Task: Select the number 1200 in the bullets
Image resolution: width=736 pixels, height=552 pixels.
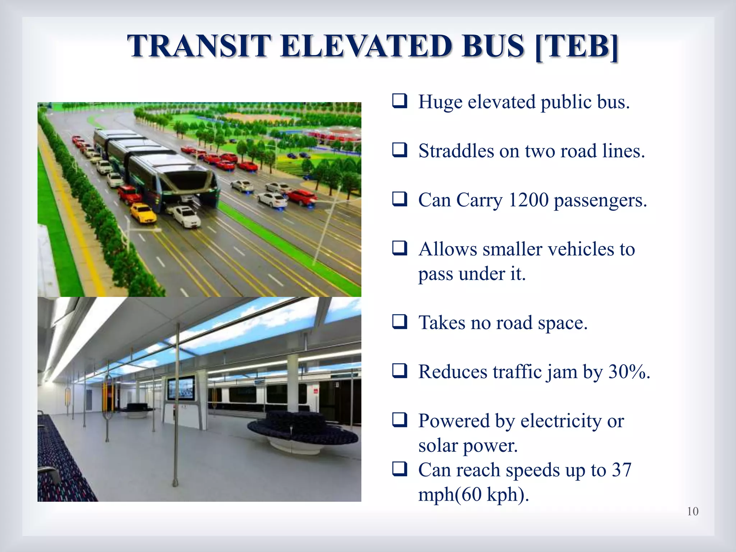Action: pos(528,200)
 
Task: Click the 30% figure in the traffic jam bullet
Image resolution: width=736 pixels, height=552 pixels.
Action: pos(629,372)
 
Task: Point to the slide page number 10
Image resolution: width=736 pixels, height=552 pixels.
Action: pos(693,511)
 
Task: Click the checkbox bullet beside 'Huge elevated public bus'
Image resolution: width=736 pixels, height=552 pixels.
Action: pos(399,101)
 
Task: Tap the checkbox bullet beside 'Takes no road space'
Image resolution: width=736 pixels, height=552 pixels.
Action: pos(399,322)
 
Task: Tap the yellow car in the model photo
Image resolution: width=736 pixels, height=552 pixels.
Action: pos(143,213)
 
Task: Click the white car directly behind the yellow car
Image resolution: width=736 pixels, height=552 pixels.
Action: pos(186,216)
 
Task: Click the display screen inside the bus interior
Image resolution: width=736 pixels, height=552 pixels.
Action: pos(180,389)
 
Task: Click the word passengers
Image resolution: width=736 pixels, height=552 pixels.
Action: pos(600,200)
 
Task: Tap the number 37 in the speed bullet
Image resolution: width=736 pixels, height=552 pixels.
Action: pos(621,470)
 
